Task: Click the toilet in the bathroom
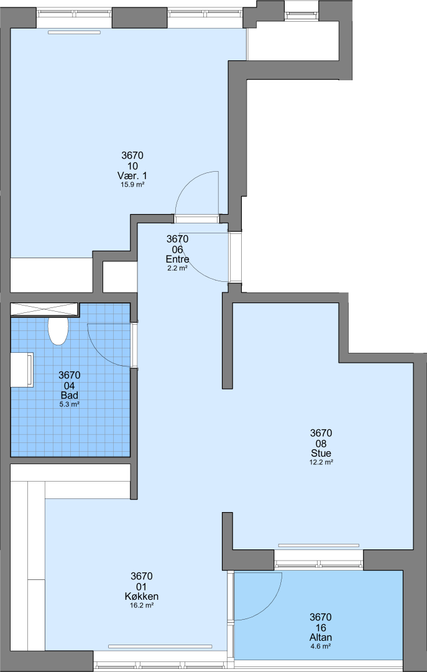click(x=58, y=331)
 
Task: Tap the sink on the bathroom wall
click(x=22, y=370)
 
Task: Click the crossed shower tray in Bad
click(x=44, y=309)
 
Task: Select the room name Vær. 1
click(x=132, y=175)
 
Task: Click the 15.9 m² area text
click(x=132, y=185)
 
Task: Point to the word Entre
click(x=177, y=259)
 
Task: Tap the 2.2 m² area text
click(x=177, y=268)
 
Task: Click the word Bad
click(x=70, y=395)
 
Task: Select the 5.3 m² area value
click(x=70, y=404)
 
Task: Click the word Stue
click(x=321, y=453)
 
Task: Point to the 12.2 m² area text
click(x=321, y=462)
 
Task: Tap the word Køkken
click(x=142, y=596)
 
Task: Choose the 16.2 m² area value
click(x=142, y=605)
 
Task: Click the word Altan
click(x=321, y=637)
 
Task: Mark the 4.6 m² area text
click(x=321, y=646)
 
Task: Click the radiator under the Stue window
click(x=319, y=546)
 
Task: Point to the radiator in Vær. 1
click(x=74, y=32)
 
